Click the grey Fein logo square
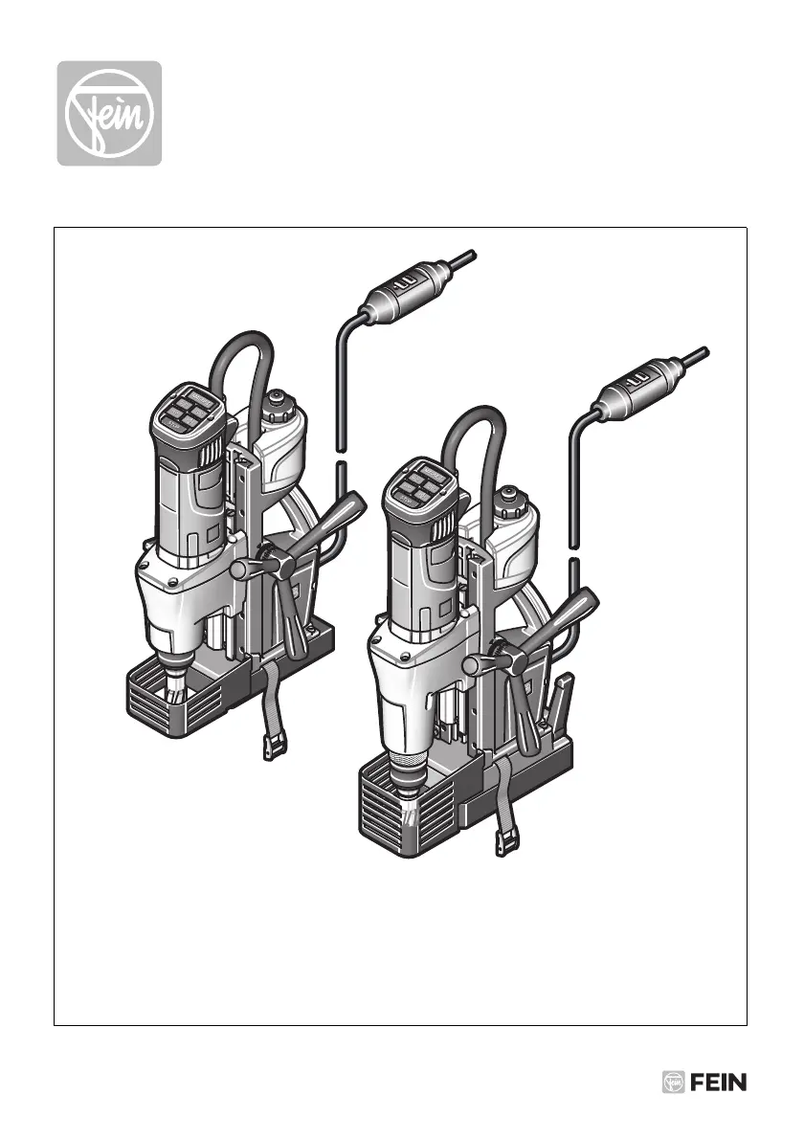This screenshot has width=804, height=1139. (110, 113)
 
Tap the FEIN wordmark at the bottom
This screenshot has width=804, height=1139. (718, 1083)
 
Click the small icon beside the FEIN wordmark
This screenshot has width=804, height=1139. (674, 1083)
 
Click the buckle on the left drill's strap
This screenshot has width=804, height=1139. (274, 746)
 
